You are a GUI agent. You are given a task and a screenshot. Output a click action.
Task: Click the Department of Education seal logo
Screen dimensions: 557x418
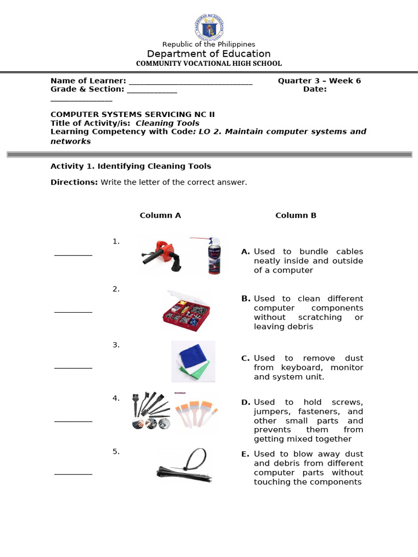tap(209, 27)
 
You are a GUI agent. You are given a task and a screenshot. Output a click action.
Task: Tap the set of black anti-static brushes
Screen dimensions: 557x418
tap(150, 411)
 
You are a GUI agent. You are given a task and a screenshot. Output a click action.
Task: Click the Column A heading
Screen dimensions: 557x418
tap(160, 215)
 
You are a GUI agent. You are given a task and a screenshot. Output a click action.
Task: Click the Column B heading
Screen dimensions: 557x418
tap(296, 215)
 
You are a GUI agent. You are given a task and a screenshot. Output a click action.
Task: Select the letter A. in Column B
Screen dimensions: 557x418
tap(245, 252)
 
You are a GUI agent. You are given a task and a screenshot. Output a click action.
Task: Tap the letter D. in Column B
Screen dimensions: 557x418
tap(245, 403)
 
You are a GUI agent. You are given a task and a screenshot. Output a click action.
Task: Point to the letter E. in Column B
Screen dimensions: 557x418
tap(245, 454)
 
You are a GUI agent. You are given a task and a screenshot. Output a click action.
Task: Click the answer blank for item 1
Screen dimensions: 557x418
tap(73, 255)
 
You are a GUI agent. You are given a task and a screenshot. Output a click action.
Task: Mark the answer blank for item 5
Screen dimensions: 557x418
tap(73, 474)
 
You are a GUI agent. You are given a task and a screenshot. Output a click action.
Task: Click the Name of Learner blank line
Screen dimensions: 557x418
tap(190, 83)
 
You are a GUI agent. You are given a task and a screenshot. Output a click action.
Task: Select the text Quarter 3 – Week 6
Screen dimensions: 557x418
tap(319, 81)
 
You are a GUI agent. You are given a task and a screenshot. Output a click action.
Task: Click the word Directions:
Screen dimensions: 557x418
tap(74, 182)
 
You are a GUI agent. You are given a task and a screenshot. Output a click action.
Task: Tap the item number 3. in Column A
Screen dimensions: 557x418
tap(116, 345)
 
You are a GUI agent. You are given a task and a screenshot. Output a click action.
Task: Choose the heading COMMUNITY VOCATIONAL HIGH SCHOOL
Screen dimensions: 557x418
tap(209, 64)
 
